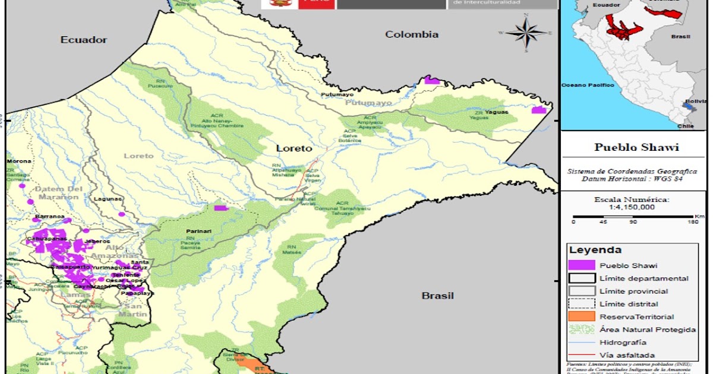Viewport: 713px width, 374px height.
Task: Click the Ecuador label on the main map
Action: click(x=83, y=40)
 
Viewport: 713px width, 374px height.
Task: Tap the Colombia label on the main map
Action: click(x=412, y=34)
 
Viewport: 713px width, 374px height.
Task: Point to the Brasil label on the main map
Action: click(x=437, y=296)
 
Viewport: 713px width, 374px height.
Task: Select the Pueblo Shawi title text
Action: click(x=636, y=147)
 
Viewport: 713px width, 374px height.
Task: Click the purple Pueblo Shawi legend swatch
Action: click(x=582, y=265)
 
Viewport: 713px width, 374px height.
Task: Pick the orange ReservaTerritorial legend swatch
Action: click(x=582, y=316)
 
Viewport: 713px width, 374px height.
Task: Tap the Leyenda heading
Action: click(x=595, y=250)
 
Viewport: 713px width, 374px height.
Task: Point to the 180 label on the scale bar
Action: click(x=692, y=222)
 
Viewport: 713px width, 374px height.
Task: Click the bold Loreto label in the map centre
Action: click(x=294, y=148)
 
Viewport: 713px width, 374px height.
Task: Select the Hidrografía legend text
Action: click(x=623, y=342)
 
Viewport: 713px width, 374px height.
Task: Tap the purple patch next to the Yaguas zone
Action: click(x=538, y=110)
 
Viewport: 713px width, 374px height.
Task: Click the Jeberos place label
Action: click(x=97, y=241)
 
